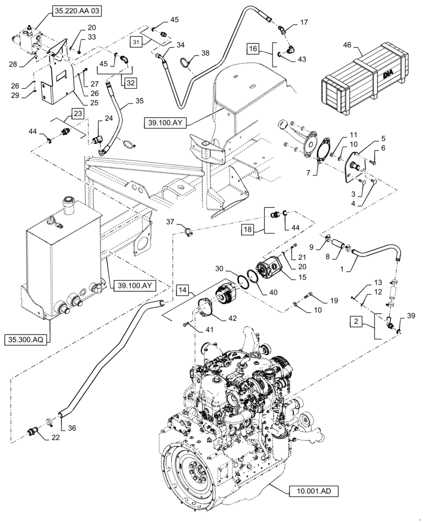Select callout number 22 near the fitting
pyautogui.click(x=55, y=438)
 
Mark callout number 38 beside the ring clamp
pyautogui.click(x=205, y=53)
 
